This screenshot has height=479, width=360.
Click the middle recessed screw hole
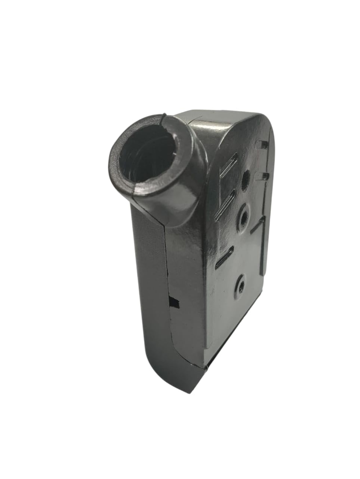[x=243, y=217]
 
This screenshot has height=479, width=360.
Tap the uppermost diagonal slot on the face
[x=229, y=164]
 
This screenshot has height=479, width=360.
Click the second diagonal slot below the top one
[x=225, y=202]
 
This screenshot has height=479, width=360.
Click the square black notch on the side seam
[x=174, y=301]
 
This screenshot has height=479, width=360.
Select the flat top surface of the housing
[x=217, y=118]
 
